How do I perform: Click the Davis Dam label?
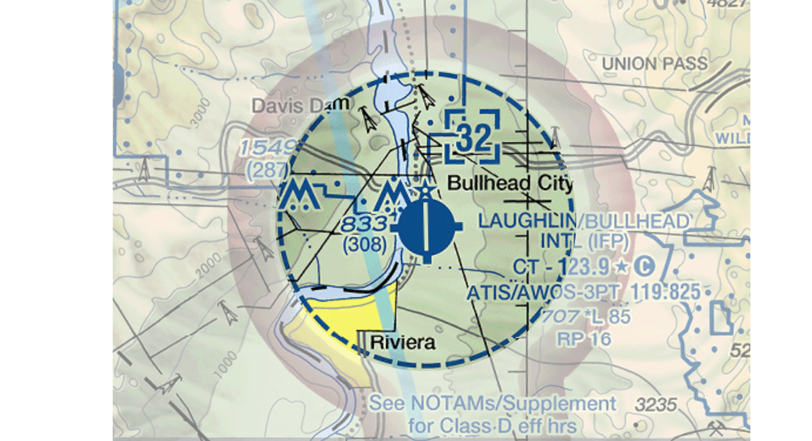[301, 105]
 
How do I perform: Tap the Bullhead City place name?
[511, 183]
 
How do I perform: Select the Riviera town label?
[403, 342]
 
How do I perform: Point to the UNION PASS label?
[654, 63]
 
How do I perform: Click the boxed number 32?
[473, 138]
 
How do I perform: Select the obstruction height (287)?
[267, 171]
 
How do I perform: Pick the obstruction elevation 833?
[365, 223]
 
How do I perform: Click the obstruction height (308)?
[365, 245]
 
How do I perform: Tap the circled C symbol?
[645, 267]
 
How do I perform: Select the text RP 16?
[583, 338]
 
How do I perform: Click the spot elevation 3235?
[656, 404]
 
